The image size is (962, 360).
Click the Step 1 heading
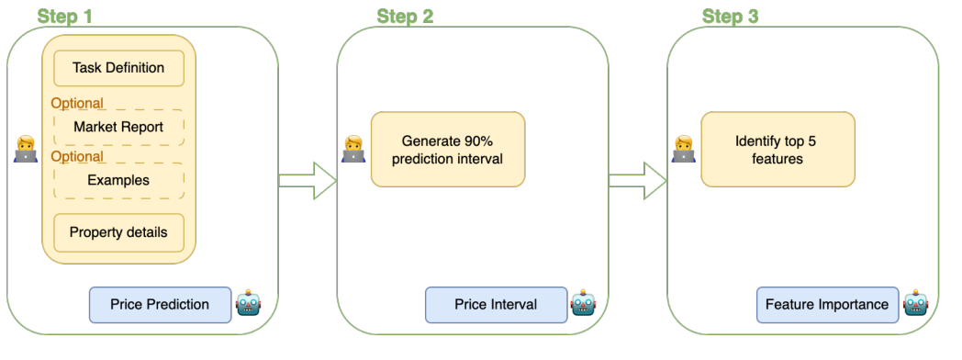(65, 16)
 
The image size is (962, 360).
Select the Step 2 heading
(405, 16)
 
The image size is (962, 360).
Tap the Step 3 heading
(730, 16)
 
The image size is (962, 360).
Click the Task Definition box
(118, 68)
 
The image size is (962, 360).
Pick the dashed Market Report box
(118, 128)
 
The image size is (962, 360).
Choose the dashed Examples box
(118, 180)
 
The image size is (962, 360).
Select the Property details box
(118, 233)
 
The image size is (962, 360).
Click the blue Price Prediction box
(160, 305)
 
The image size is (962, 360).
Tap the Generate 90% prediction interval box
(448, 150)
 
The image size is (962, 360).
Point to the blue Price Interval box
(496, 305)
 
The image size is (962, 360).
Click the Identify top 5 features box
(777, 150)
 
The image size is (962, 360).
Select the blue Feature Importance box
(827, 305)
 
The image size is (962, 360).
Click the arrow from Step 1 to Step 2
(308, 180)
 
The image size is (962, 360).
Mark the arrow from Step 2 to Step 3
(637, 180)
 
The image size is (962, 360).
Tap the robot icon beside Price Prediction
(249, 302)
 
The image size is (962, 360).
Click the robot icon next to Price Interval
(584, 302)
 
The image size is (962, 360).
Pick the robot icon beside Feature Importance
(916, 302)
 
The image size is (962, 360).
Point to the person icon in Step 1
(26, 150)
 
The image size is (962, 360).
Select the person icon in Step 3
(684, 150)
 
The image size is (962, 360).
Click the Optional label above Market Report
(77, 103)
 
